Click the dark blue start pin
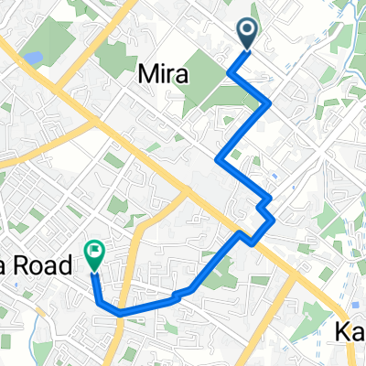coord(249,34)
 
